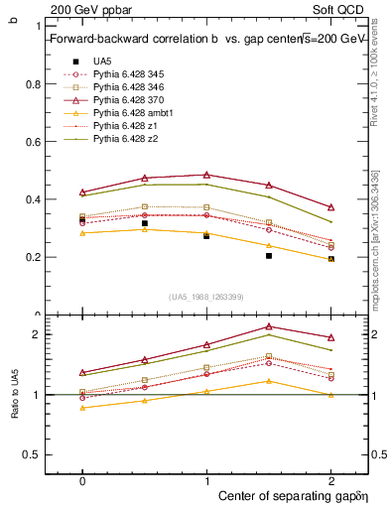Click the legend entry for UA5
[103, 61]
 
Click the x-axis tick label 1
[206, 479]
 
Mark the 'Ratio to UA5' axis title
[14, 395]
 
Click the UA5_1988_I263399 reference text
[206, 297]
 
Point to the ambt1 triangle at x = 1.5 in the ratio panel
[269, 381]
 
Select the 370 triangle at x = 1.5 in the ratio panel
[269, 326]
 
